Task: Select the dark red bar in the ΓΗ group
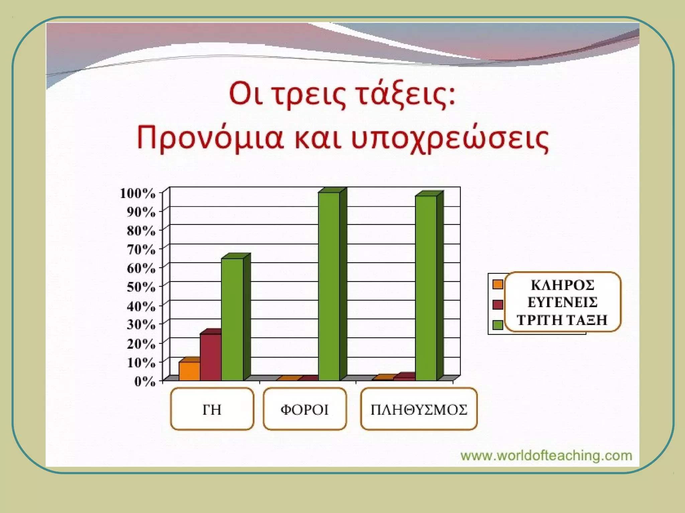210,357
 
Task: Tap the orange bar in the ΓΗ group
189,371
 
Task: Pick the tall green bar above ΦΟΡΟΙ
329,286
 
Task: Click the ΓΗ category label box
212,409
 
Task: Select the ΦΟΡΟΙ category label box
304,409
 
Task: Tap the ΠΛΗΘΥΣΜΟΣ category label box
418,409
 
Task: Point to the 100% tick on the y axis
137,193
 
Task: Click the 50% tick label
141,287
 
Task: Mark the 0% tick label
145,381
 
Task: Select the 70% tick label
141,249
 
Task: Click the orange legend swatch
498,284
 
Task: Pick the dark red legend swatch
498,305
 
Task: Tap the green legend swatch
498,325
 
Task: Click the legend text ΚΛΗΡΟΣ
563,285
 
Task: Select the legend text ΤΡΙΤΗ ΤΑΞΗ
562,320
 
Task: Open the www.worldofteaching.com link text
546,456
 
